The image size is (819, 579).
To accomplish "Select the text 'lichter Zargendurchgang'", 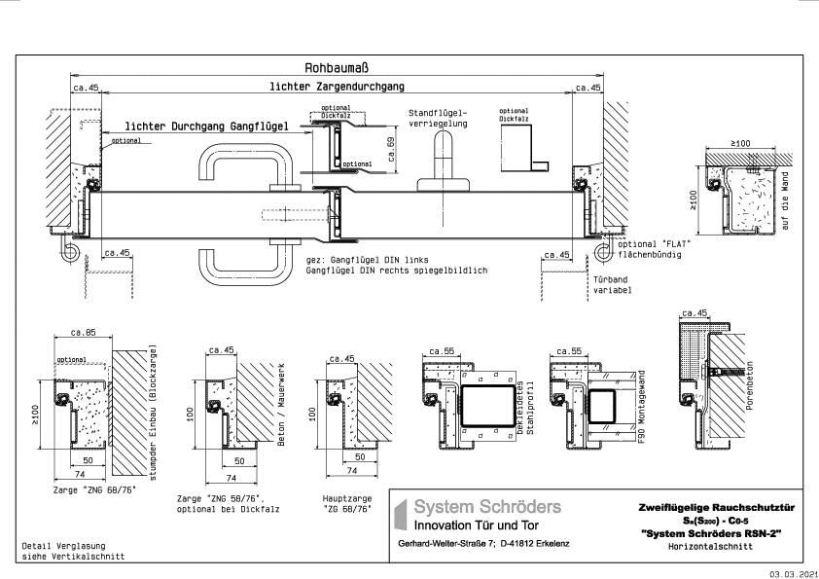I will [336, 87].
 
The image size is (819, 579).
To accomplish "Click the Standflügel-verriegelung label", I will [438, 118].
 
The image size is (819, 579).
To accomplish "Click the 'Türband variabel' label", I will [611, 285].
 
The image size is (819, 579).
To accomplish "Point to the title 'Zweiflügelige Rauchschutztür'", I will [716, 507].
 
